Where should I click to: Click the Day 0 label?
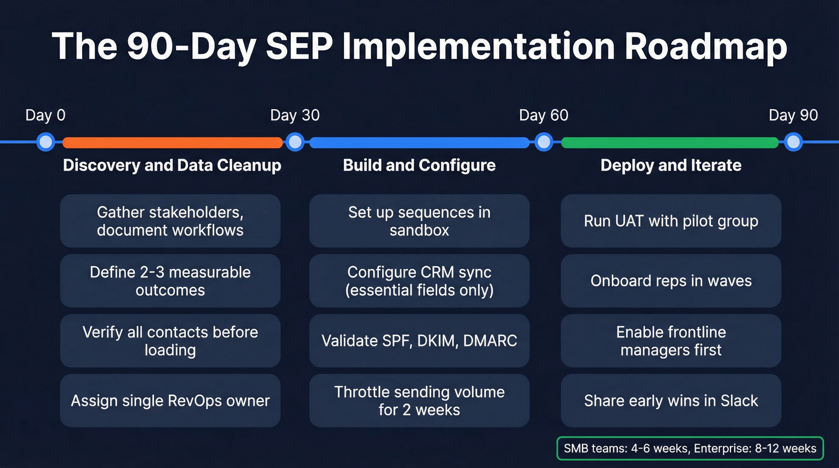click(45, 115)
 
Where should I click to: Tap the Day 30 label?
click(295, 115)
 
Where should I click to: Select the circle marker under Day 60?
click(544, 142)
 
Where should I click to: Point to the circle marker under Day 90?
click(793, 142)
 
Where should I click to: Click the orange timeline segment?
click(172, 143)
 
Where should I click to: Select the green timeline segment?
click(669, 143)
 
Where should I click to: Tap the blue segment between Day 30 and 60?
click(419, 143)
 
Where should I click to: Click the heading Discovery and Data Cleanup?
click(172, 165)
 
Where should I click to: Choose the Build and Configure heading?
click(419, 165)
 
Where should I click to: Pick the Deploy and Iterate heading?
click(671, 165)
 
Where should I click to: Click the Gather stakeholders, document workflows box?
click(170, 221)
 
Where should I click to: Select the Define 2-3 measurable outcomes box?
click(170, 281)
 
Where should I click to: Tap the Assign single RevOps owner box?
click(170, 401)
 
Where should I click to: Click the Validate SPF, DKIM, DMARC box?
click(419, 341)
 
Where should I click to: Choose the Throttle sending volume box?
click(419, 401)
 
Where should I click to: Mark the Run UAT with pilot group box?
click(671, 221)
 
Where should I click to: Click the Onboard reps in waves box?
click(671, 281)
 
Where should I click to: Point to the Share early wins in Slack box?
click(671, 401)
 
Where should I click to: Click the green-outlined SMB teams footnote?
click(690, 448)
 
